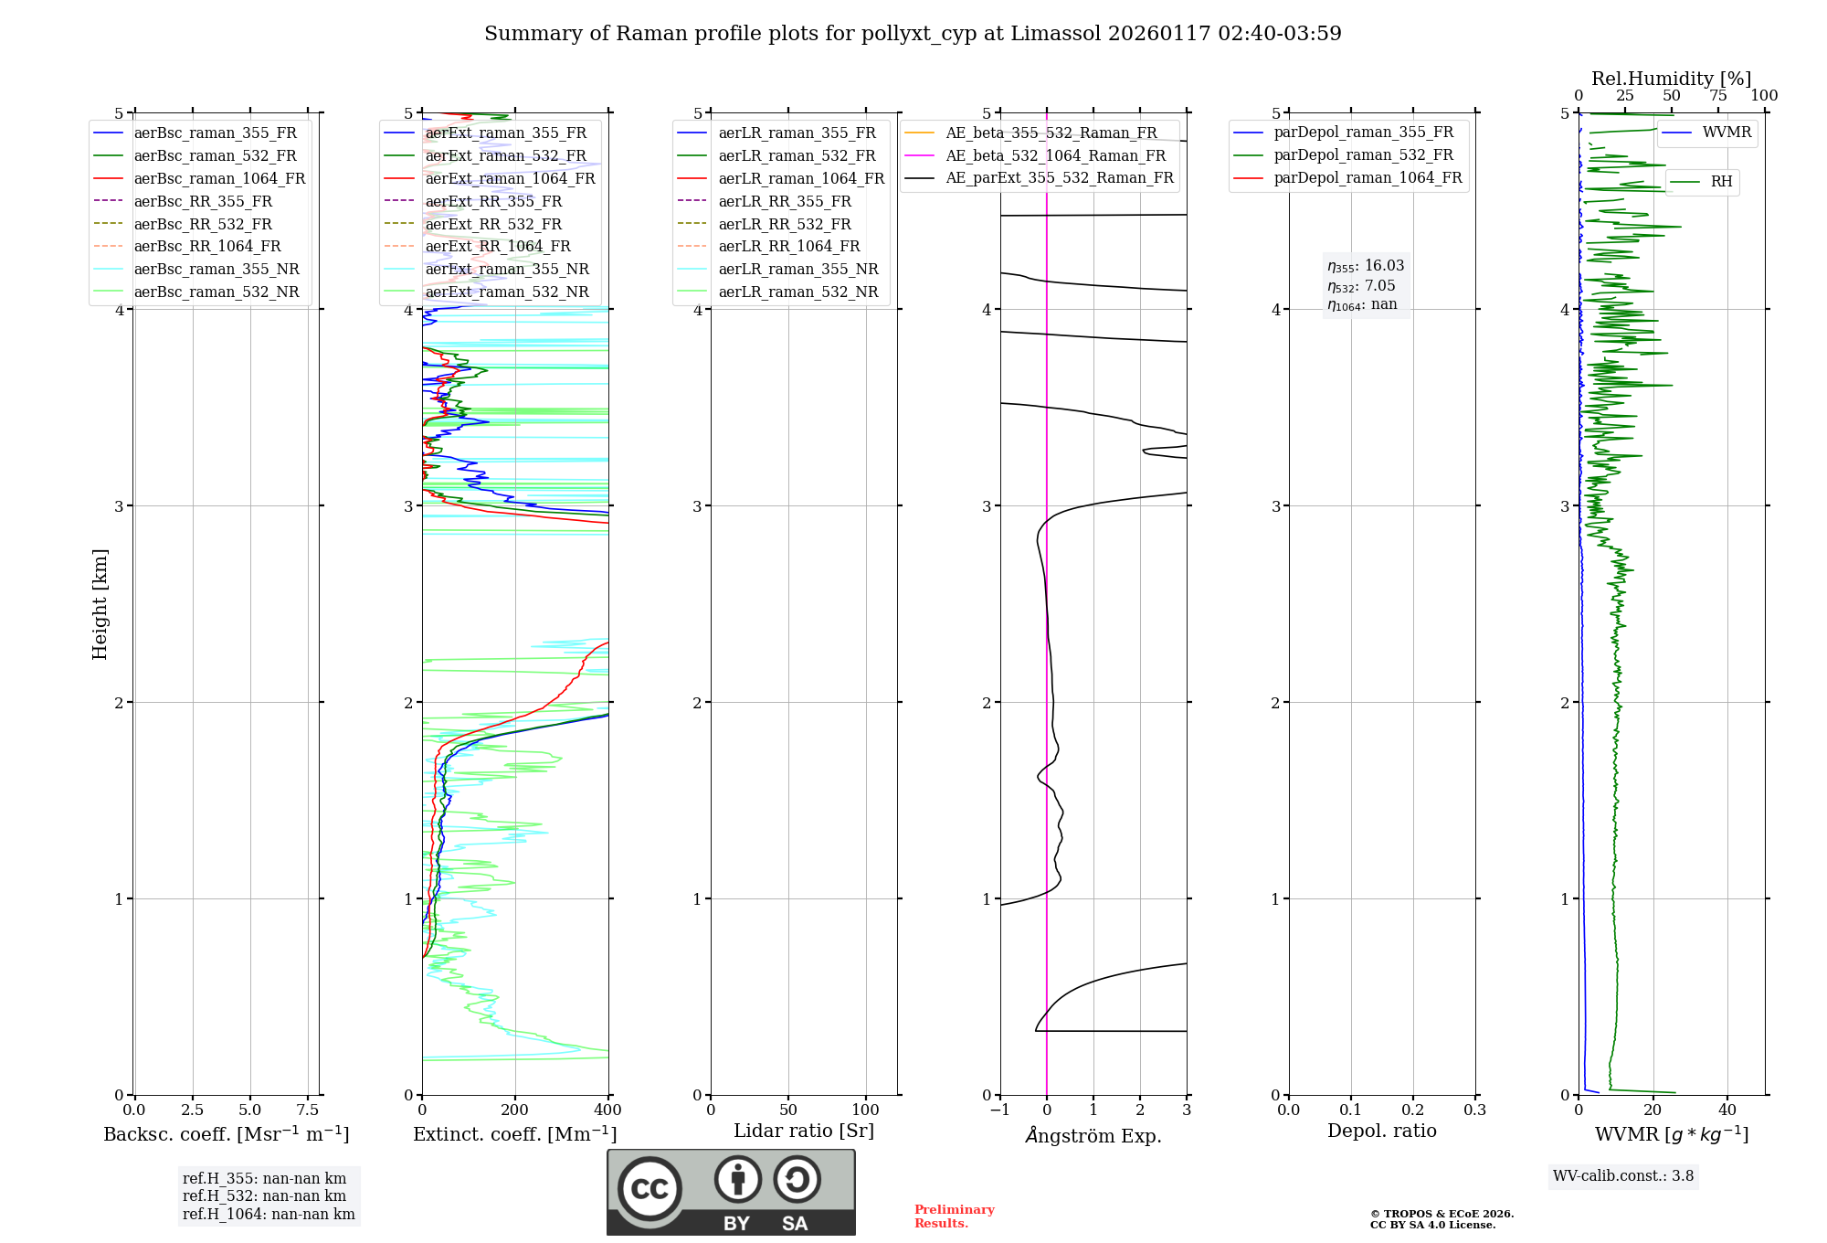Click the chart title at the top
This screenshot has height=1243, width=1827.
(913, 34)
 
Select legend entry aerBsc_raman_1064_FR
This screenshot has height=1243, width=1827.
(219, 178)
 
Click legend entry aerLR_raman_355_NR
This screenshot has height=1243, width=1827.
(797, 269)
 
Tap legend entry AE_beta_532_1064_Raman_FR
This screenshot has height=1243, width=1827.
(1055, 155)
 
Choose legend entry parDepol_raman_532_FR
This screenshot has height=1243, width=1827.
(1363, 154)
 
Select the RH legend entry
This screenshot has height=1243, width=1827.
(1721, 182)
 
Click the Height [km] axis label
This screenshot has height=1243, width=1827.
(100, 604)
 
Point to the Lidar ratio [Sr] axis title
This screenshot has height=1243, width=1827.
(804, 1131)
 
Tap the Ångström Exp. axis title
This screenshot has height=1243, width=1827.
(1093, 1135)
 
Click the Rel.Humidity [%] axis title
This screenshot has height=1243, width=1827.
(1671, 79)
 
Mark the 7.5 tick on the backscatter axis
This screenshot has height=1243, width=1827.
(308, 1110)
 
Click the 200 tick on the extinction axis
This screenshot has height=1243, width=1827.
(515, 1110)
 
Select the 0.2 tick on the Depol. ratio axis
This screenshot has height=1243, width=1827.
(1413, 1110)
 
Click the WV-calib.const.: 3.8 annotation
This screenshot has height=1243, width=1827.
(1623, 1176)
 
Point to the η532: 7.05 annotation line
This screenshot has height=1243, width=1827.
(1361, 286)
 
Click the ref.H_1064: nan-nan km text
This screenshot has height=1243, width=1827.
(269, 1214)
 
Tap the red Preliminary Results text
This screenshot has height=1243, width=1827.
(954, 1216)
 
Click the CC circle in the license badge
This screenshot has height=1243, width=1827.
(649, 1189)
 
